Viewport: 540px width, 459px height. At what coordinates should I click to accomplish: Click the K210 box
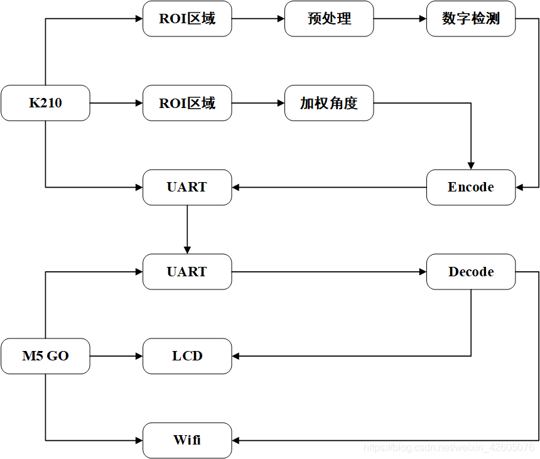(45, 103)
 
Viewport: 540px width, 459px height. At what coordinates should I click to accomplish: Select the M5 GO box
(45, 356)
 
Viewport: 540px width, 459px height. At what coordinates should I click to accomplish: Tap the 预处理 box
(329, 19)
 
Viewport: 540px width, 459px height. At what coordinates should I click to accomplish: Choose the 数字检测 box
(471, 19)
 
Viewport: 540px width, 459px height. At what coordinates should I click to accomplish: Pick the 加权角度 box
(329, 103)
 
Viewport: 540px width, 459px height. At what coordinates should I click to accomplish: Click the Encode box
(471, 187)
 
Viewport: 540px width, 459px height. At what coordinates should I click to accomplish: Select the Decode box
(471, 272)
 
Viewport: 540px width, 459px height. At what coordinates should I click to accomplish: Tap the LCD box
(187, 356)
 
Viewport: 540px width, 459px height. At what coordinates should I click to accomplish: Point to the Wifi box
(187, 440)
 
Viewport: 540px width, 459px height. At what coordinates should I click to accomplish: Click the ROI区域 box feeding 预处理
(187, 19)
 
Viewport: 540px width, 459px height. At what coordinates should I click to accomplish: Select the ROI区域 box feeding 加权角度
(187, 103)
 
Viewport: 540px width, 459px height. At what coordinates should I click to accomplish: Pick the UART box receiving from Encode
(187, 187)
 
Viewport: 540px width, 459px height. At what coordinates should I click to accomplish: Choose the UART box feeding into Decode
(187, 272)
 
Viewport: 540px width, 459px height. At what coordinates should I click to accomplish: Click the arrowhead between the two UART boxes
(187, 250)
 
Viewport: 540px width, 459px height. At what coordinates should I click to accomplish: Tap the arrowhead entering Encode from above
(471, 166)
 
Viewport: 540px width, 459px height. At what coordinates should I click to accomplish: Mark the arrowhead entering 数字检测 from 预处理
(423, 19)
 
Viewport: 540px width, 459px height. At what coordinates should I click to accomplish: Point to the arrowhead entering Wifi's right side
(236, 440)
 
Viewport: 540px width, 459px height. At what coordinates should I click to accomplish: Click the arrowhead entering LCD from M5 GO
(139, 356)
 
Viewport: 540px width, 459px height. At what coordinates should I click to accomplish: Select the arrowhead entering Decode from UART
(423, 272)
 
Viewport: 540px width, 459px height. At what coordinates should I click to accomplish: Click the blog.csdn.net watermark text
(449, 448)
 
